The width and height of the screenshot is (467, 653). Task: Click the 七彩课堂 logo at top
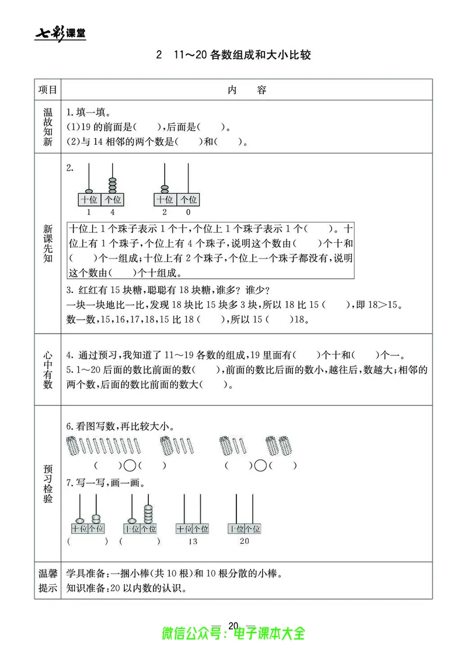(61, 33)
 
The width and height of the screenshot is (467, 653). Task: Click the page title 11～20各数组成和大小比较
(241, 57)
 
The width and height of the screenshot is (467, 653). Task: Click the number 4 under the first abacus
(113, 212)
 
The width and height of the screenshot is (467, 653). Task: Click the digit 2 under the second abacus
(165, 212)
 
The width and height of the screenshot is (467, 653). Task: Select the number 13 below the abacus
(192, 542)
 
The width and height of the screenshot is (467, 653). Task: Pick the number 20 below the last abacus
(244, 541)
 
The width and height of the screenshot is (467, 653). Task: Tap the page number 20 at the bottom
(233, 626)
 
